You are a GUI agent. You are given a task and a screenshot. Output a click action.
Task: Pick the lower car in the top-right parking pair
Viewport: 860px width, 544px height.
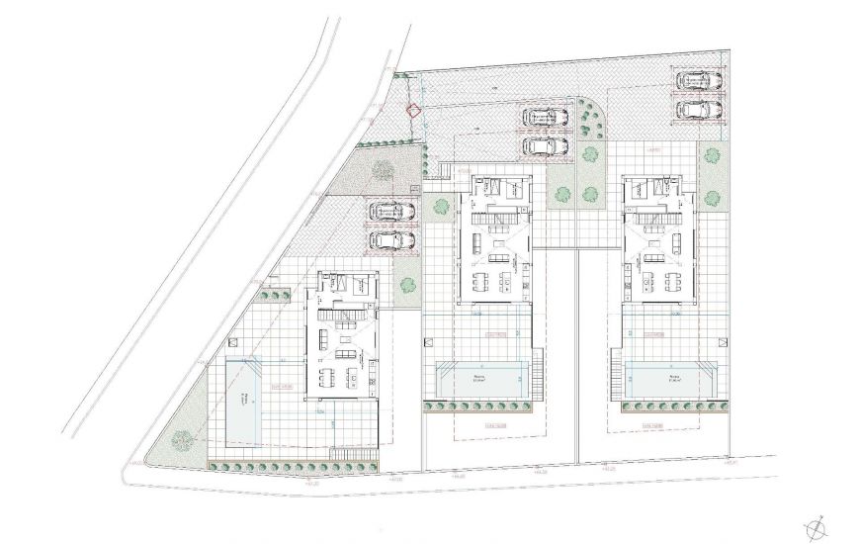[699, 108]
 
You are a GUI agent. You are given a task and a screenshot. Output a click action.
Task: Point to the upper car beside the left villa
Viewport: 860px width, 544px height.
[391, 211]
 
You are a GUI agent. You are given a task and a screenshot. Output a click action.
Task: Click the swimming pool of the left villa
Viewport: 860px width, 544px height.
[245, 397]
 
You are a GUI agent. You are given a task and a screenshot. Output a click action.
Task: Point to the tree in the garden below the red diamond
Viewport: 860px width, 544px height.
[381, 170]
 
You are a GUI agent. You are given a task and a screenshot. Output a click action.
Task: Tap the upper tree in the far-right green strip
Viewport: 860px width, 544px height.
[710, 154]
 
